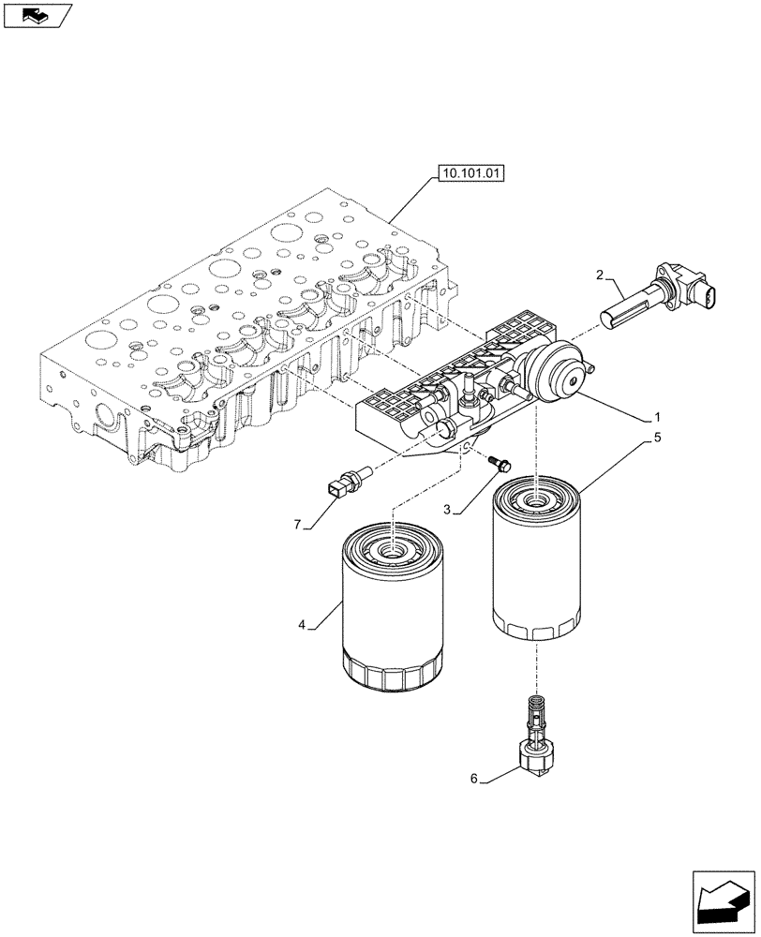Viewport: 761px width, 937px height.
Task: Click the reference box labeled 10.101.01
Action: click(469, 172)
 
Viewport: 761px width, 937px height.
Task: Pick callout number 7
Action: click(298, 525)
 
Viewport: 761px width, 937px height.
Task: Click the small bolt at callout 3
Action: click(498, 462)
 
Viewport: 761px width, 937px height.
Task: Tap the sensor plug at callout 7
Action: click(343, 483)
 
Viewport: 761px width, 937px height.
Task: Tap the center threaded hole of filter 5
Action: click(536, 499)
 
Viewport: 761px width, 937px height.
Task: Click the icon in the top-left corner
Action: click(37, 14)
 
